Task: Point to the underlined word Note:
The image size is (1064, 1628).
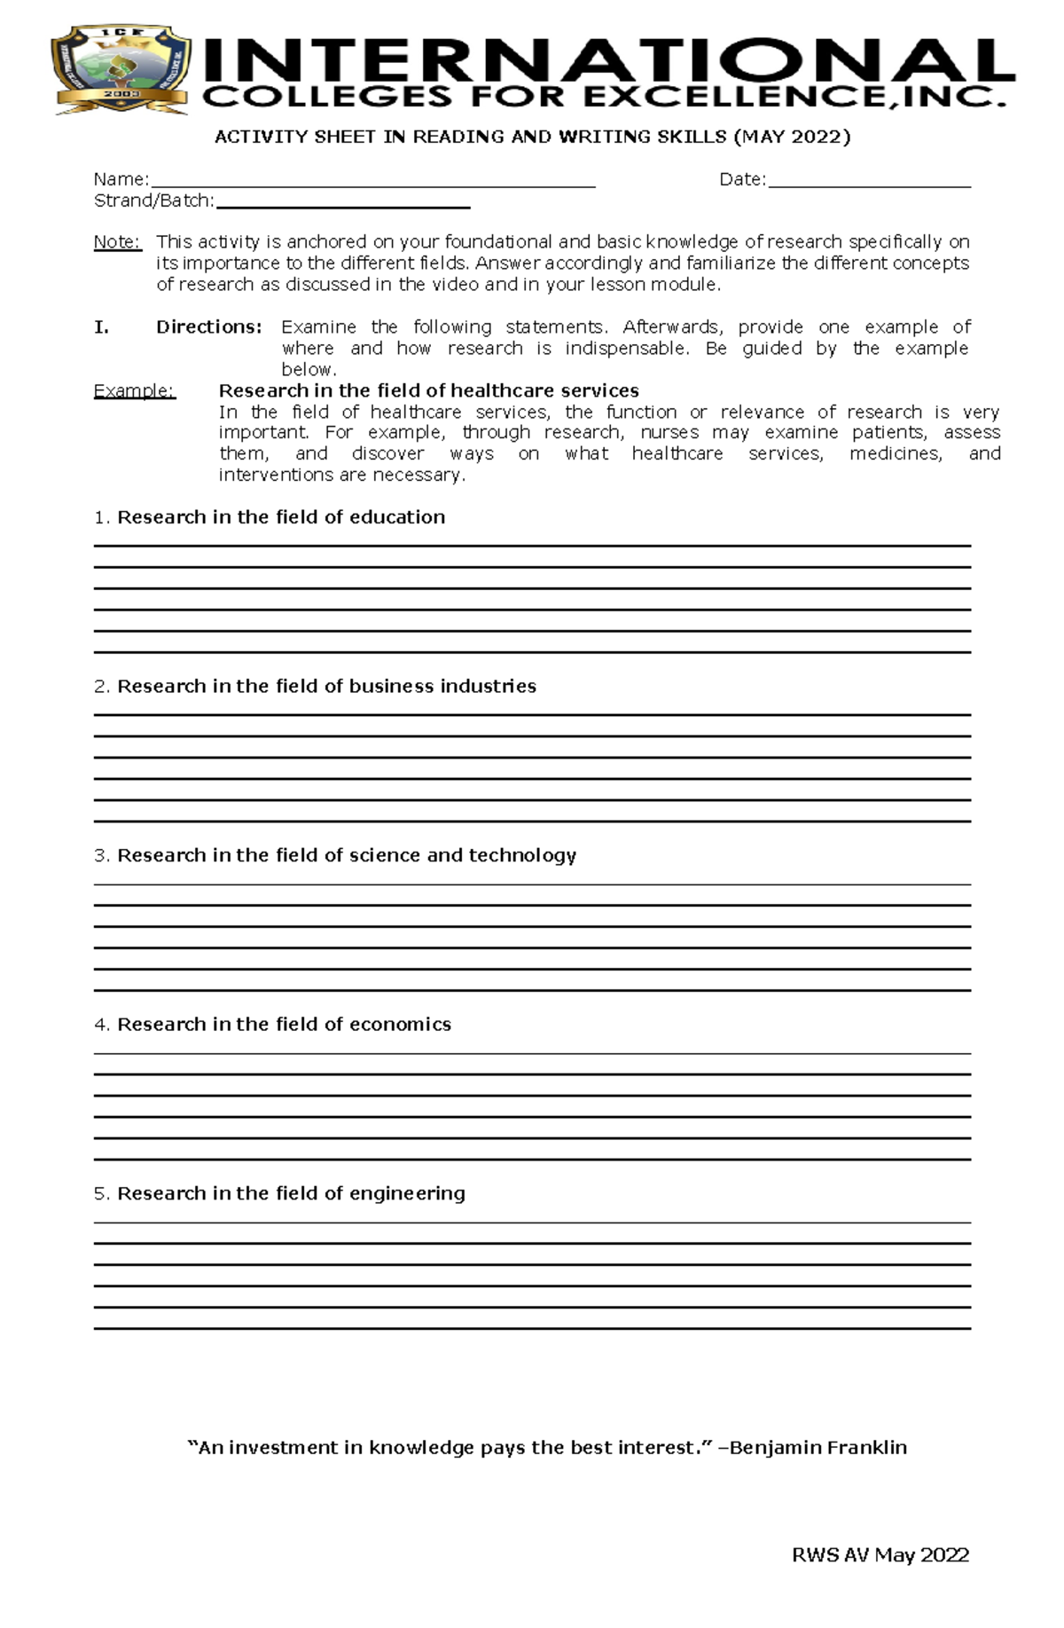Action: tap(117, 242)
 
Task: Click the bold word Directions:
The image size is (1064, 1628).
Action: tap(209, 327)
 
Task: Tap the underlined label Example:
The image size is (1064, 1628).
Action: tap(134, 391)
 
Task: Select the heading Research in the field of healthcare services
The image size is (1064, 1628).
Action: tap(428, 391)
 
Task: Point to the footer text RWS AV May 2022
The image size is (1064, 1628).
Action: tap(880, 1555)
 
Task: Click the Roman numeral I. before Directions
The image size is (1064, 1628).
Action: tap(101, 327)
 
